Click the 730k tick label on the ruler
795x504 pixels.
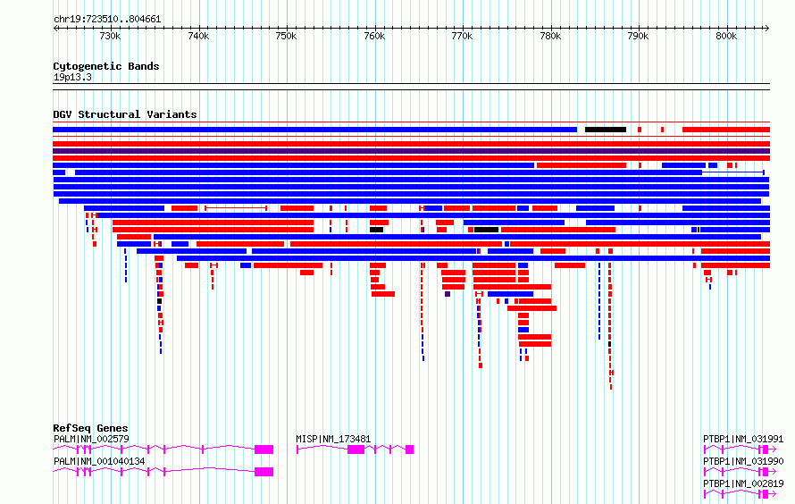click(110, 36)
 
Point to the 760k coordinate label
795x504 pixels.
click(374, 36)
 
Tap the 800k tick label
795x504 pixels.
click(726, 36)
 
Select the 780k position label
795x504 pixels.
click(550, 36)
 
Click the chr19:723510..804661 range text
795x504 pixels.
click(107, 20)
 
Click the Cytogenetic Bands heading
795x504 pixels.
click(106, 66)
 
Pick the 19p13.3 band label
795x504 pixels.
click(72, 77)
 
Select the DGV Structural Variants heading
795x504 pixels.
click(125, 114)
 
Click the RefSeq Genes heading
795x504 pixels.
click(90, 428)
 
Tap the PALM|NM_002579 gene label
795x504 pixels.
click(91, 439)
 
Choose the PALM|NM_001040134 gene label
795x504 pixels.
click(99, 461)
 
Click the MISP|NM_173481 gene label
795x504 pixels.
click(333, 439)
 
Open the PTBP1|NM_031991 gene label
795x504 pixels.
click(743, 439)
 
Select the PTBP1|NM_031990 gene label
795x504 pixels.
click(743, 461)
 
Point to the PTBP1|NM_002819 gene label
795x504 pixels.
click(743, 483)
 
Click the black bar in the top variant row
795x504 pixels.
click(606, 130)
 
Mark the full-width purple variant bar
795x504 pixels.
click(411, 151)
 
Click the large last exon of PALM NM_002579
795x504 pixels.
click(264, 449)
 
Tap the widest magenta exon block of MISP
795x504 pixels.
click(356, 449)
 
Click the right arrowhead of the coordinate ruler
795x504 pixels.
click(767, 29)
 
